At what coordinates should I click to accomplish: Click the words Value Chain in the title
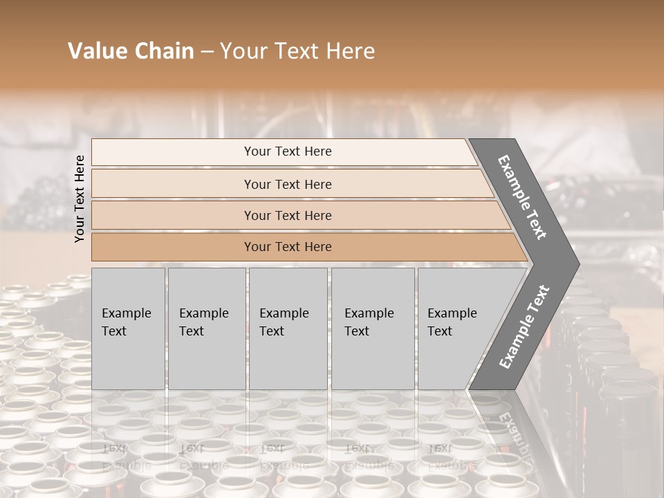pos(131,51)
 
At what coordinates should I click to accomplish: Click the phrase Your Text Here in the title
pos(297,51)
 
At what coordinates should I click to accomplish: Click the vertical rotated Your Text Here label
pos(80,199)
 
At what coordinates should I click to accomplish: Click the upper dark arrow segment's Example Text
pos(522,197)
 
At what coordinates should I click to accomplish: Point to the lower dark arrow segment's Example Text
pos(524,327)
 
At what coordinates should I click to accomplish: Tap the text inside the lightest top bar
pos(288,151)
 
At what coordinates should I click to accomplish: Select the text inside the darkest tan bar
pos(288,247)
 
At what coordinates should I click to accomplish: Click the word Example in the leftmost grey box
pos(126,313)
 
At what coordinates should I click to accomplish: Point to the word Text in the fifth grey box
pos(439,331)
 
